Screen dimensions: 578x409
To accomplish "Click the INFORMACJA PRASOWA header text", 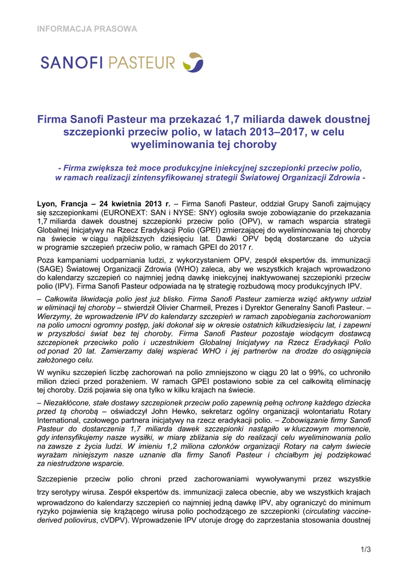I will coord(87,28).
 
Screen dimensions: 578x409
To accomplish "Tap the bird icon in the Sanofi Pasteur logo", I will coord(195,62).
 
